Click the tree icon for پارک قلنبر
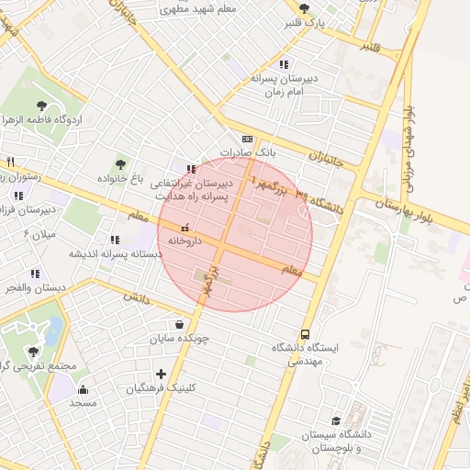330,8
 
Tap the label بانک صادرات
241,152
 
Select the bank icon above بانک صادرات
246,139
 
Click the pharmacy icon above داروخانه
185,226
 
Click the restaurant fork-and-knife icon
10,162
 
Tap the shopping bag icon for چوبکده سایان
179,324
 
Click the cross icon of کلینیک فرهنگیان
162,374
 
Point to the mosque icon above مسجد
84,389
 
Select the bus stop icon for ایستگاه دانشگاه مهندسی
305,334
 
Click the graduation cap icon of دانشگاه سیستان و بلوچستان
336,420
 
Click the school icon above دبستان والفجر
35,274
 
